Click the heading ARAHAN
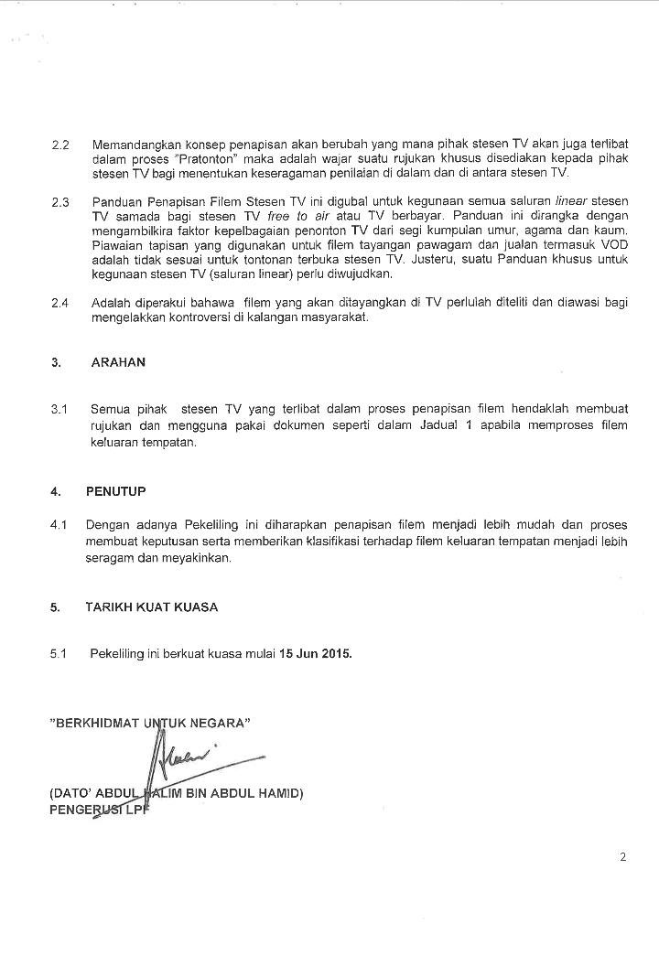[118, 362]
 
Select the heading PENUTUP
[116, 491]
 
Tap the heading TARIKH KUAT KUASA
[152, 607]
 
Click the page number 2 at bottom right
[622, 857]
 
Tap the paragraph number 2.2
[60, 145]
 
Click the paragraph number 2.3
[60, 202]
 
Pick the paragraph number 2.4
[60, 303]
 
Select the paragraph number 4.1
[59, 524]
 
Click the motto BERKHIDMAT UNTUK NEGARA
[150, 722]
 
